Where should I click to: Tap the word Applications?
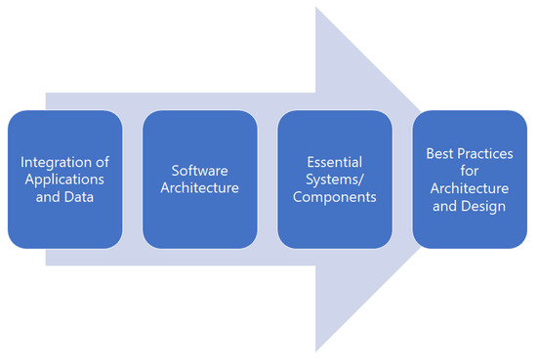pyautogui.click(x=64, y=179)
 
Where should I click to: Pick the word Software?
pyautogui.click(x=199, y=170)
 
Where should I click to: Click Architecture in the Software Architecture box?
pyautogui.click(x=199, y=188)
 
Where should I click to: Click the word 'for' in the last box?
pyautogui.click(x=470, y=170)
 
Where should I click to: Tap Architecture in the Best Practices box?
pyautogui.click(x=470, y=188)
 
